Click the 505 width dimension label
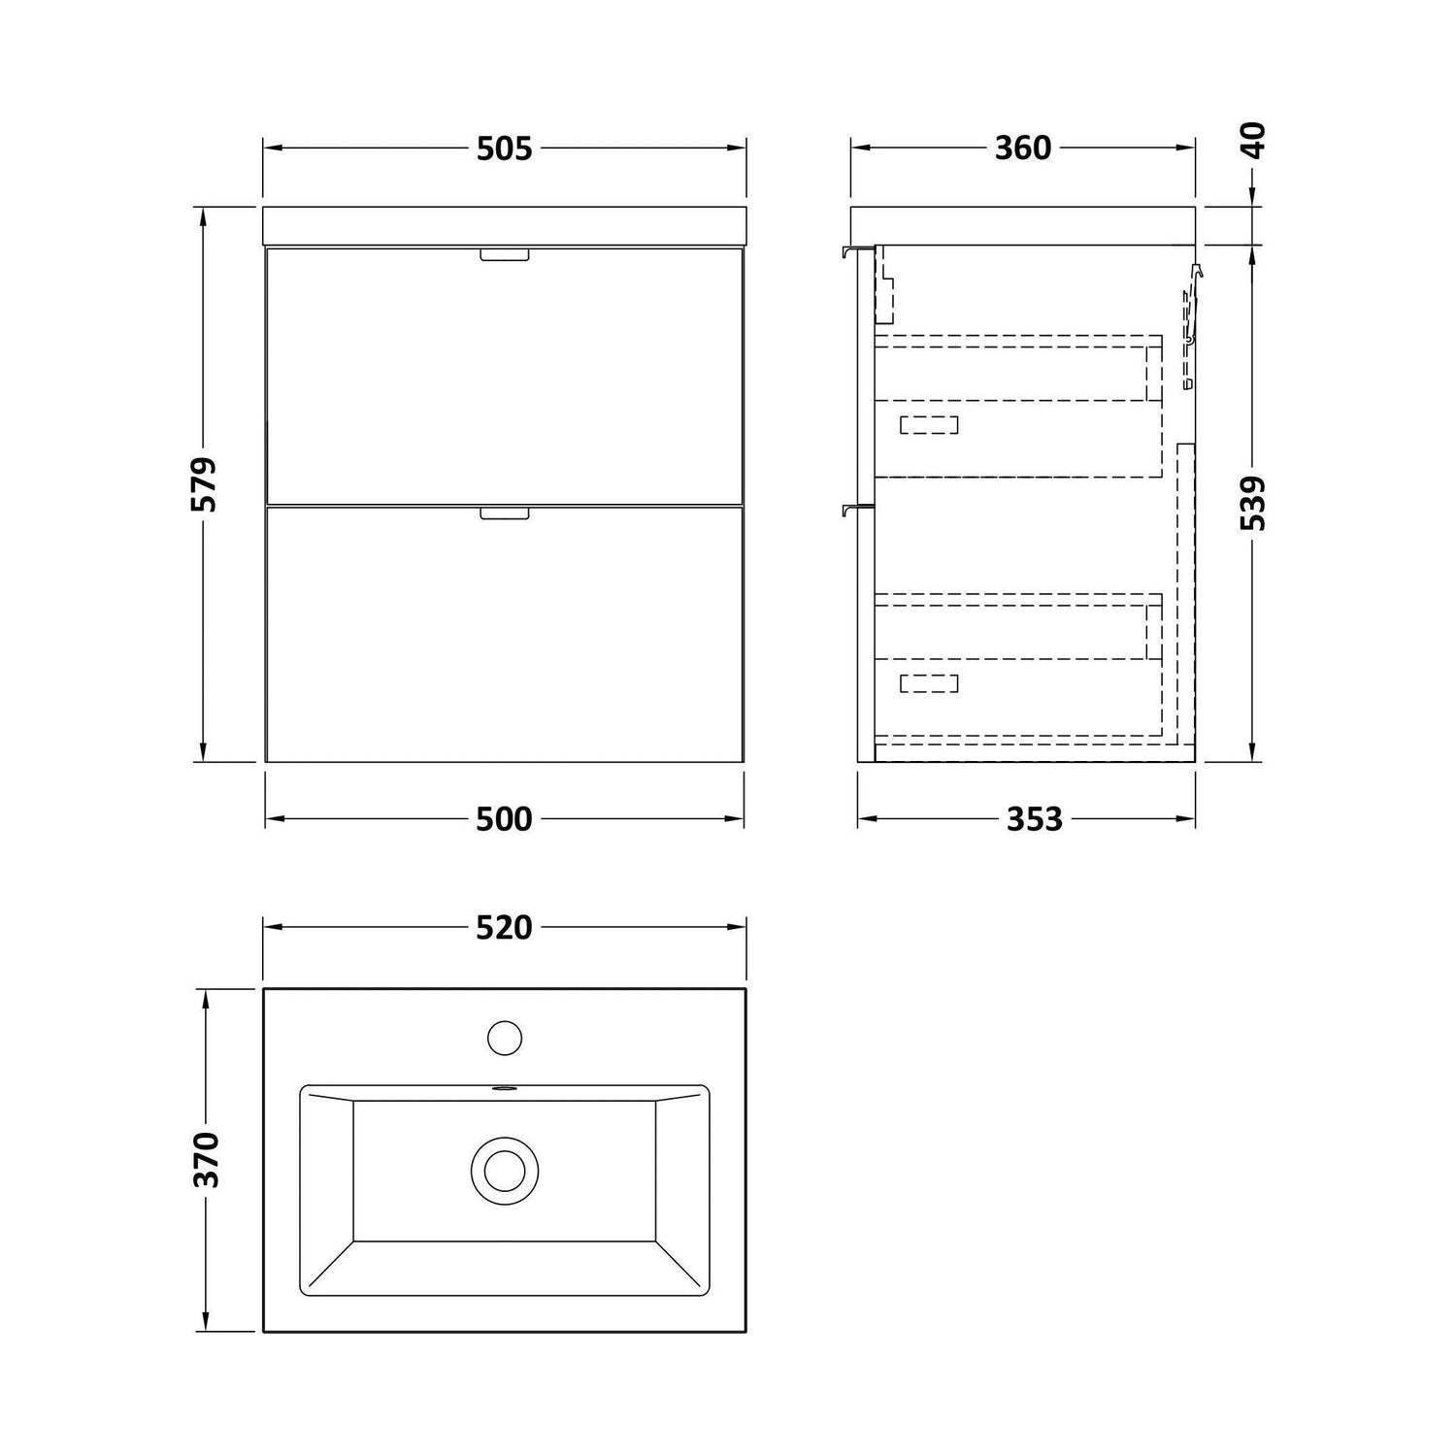coord(505,149)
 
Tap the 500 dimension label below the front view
coord(505,819)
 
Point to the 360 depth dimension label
coord(1023,149)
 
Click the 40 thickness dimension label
coord(1254,141)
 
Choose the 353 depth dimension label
coord(1034,819)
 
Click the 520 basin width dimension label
coord(505,928)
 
